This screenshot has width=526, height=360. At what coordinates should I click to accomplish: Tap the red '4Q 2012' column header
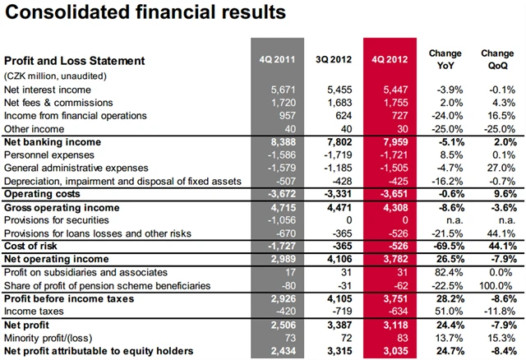coord(390,59)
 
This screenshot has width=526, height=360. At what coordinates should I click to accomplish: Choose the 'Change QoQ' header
coord(496,59)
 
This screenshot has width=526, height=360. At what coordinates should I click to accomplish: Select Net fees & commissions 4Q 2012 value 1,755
coord(396,103)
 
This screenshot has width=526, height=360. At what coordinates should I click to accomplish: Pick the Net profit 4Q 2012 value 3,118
coord(396,325)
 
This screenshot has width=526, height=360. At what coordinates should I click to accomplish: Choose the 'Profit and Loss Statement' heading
coord(74,60)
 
